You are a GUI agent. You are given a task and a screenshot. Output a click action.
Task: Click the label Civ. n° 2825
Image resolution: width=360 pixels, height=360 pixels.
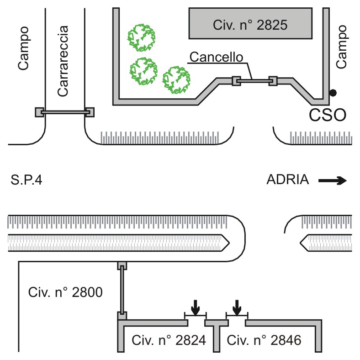(250, 25)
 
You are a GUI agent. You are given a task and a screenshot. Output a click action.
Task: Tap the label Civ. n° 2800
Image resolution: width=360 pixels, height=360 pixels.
(65, 292)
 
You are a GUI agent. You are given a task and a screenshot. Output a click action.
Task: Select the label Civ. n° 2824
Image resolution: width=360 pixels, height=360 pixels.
(169, 340)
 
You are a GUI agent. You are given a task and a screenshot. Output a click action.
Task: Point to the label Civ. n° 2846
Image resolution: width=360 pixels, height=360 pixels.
(264, 340)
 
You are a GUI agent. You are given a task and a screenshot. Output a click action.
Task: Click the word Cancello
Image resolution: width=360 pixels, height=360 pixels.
(216, 57)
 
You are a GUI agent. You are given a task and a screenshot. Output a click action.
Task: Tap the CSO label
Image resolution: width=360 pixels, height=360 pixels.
(328, 115)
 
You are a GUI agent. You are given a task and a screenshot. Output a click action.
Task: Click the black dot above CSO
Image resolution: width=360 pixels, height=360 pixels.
(333, 93)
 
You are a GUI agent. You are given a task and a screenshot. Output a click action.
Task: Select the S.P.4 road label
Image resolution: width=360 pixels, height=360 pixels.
(26, 180)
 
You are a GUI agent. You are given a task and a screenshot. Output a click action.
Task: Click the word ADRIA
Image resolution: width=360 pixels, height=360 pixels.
(288, 180)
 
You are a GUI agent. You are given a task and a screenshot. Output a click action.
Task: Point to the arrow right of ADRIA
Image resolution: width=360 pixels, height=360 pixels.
(333, 181)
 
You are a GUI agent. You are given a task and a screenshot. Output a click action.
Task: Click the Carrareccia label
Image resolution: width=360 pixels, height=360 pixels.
(63, 61)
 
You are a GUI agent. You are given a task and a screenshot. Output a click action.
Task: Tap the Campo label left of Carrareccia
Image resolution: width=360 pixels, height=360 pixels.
(24, 48)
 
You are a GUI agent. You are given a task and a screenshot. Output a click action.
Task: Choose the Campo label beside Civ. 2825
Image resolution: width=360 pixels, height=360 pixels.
(341, 47)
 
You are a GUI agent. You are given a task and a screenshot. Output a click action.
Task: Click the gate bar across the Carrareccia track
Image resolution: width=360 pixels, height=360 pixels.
(65, 112)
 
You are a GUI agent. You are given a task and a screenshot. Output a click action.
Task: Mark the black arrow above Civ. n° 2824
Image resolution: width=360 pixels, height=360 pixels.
(196, 307)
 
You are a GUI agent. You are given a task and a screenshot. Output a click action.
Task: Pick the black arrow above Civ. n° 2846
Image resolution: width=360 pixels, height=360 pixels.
(237, 307)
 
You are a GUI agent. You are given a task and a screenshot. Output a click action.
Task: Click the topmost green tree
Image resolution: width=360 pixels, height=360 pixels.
(142, 37)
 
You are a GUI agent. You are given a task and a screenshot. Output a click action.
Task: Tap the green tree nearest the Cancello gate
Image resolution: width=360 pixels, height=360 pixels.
(176, 80)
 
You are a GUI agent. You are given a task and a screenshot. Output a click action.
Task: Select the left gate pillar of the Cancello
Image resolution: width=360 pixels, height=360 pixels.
(236, 81)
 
